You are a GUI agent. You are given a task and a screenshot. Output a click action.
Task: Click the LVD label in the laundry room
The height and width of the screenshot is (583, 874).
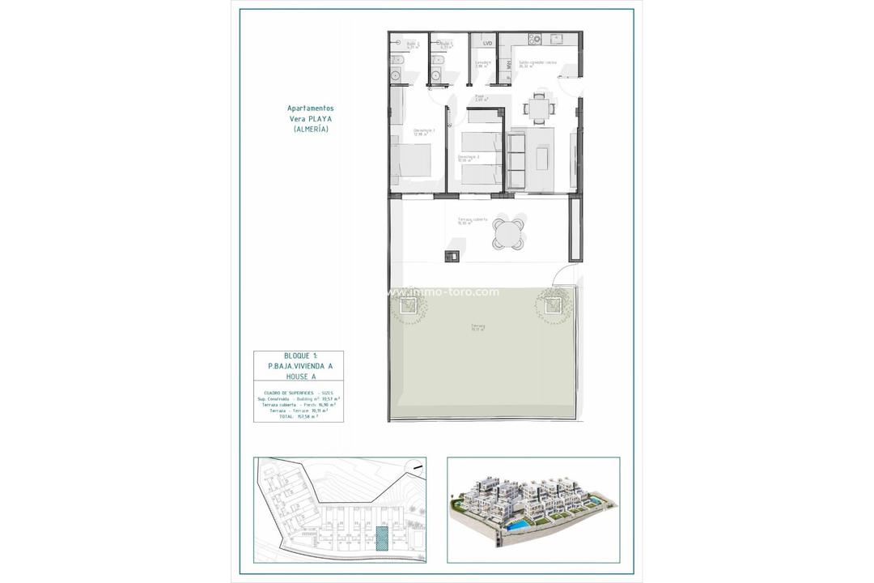(487, 43)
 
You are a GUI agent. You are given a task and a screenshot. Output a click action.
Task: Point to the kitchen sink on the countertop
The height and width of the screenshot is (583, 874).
(556, 38)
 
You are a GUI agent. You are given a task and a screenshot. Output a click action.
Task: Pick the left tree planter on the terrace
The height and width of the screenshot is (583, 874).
(406, 305)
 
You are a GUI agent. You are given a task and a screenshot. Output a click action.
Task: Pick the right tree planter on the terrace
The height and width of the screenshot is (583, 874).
(553, 305)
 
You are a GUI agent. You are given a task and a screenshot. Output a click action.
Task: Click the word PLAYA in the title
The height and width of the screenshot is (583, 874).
(320, 118)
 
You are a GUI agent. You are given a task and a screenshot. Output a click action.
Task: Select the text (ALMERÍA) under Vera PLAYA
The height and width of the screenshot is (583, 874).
(310, 129)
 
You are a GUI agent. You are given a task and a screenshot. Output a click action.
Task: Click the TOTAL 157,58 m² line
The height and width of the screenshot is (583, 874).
(298, 417)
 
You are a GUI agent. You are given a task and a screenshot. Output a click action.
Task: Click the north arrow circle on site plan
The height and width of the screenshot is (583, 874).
(414, 467)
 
